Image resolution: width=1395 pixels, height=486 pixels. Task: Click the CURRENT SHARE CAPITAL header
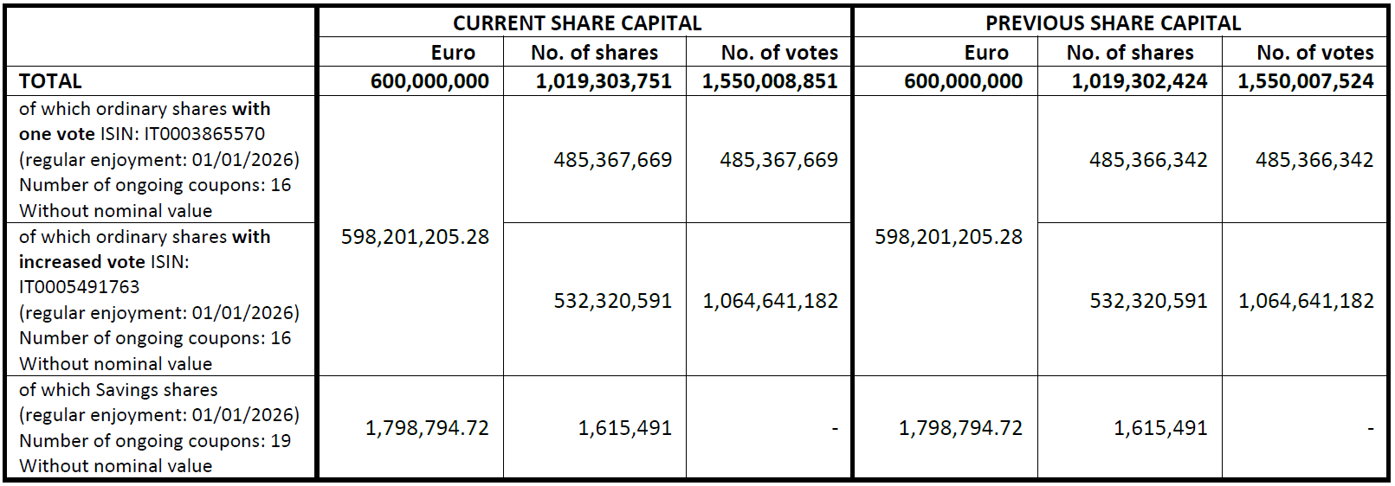[x=577, y=23]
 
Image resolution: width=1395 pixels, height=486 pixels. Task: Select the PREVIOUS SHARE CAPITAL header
[x=1113, y=23]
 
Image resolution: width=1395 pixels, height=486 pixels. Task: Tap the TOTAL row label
[x=50, y=81]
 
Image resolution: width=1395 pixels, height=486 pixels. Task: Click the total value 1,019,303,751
[x=604, y=81]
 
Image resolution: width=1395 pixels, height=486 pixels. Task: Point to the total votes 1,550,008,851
[x=770, y=81]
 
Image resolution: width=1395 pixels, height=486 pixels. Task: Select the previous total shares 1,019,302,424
[x=1140, y=81]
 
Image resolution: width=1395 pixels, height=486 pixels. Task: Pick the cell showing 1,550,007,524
[x=1306, y=81]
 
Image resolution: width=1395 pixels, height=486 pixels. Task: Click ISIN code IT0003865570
[x=204, y=134]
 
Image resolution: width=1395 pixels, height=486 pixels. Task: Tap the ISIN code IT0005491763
[x=79, y=287]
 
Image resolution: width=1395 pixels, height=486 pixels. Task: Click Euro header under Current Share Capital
[x=453, y=53]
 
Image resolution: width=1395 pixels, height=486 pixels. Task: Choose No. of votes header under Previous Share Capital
[x=1314, y=53]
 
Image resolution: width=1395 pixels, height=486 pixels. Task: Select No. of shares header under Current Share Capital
[x=594, y=53]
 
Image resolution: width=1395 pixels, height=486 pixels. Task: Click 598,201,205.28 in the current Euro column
[x=415, y=237]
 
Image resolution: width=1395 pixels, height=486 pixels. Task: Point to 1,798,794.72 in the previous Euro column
[x=960, y=428]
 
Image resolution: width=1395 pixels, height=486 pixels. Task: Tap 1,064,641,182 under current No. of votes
[x=770, y=301]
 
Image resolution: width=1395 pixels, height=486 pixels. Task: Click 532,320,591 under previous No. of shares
[x=1148, y=301]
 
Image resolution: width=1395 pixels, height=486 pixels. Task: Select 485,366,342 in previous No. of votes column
[x=1314, y=160]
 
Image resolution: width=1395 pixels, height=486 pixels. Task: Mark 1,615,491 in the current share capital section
[x=624, y=428]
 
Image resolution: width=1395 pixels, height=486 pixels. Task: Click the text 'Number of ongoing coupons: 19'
[x=155, y=441]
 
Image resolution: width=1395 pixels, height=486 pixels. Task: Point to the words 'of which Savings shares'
[x=118, y=390]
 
